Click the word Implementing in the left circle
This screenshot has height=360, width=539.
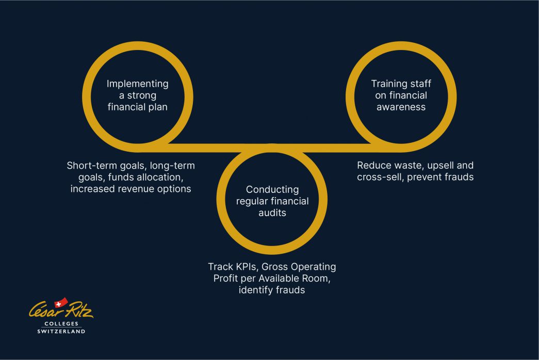[138, 84]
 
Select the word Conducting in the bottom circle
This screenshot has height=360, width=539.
[272, 189]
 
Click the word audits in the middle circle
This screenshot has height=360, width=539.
[272, 212]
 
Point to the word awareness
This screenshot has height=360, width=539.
[401, 107]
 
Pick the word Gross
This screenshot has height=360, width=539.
[275, 267]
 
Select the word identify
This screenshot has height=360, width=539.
[256, 290]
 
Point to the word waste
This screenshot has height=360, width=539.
[406, 166]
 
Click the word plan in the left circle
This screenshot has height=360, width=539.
[157, 107]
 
